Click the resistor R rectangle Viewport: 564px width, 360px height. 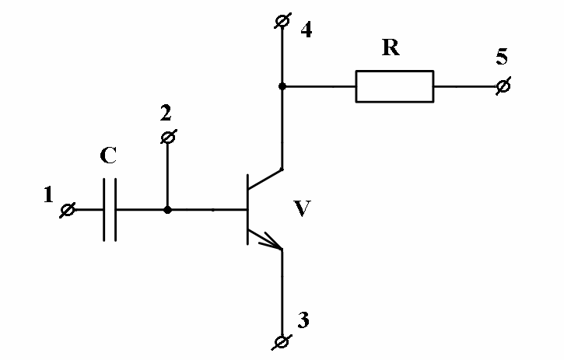[394, 86]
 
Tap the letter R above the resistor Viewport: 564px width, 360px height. [391, 49]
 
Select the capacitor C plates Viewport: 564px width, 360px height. [110, 210]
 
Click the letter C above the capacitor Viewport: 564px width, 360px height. [109, 156]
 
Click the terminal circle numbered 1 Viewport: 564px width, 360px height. [68, 210]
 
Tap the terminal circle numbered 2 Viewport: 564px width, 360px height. [167, 138]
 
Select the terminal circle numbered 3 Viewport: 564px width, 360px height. [282, 342]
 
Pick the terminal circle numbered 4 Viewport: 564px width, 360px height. [282, 23]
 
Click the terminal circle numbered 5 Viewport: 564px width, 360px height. [503, 86]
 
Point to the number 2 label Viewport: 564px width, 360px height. [165, 114]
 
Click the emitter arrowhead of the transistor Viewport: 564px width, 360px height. [273, 244]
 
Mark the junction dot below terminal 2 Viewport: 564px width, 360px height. [167, 210]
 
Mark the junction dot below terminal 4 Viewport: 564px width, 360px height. [282, 86]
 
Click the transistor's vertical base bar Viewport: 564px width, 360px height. [247, 209]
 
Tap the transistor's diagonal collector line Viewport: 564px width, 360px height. [264, 179]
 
